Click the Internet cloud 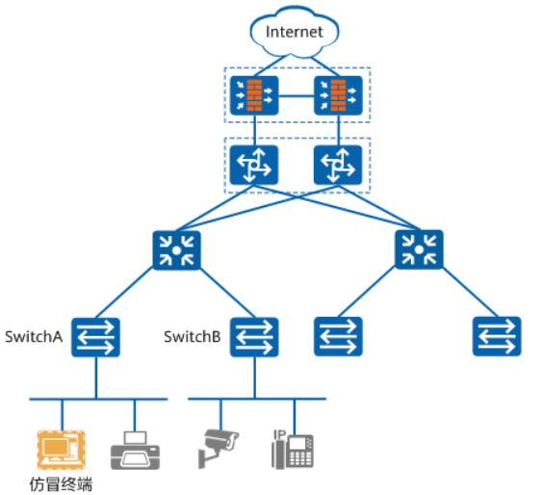coord(295,31)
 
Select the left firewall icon coord(254,95)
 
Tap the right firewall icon coord(338,95)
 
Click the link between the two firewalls coord(297,96)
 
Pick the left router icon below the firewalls coord(254,165)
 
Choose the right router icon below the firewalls coord(338,165)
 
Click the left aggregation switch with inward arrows coord(176,250)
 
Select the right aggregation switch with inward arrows coord(419,249)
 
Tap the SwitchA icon coord(96,337)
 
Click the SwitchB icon coord(254,337)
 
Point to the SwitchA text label coord(34,337)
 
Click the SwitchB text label coord(193,337)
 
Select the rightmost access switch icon coord(497,336)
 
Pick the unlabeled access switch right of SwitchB coord(338,336)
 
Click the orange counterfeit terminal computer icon coord(62,450)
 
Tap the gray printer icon coord(135,451)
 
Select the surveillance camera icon coord(219,449)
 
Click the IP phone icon coord(293,450)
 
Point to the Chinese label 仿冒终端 coord(61,484)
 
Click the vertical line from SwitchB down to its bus coord(255,378)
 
